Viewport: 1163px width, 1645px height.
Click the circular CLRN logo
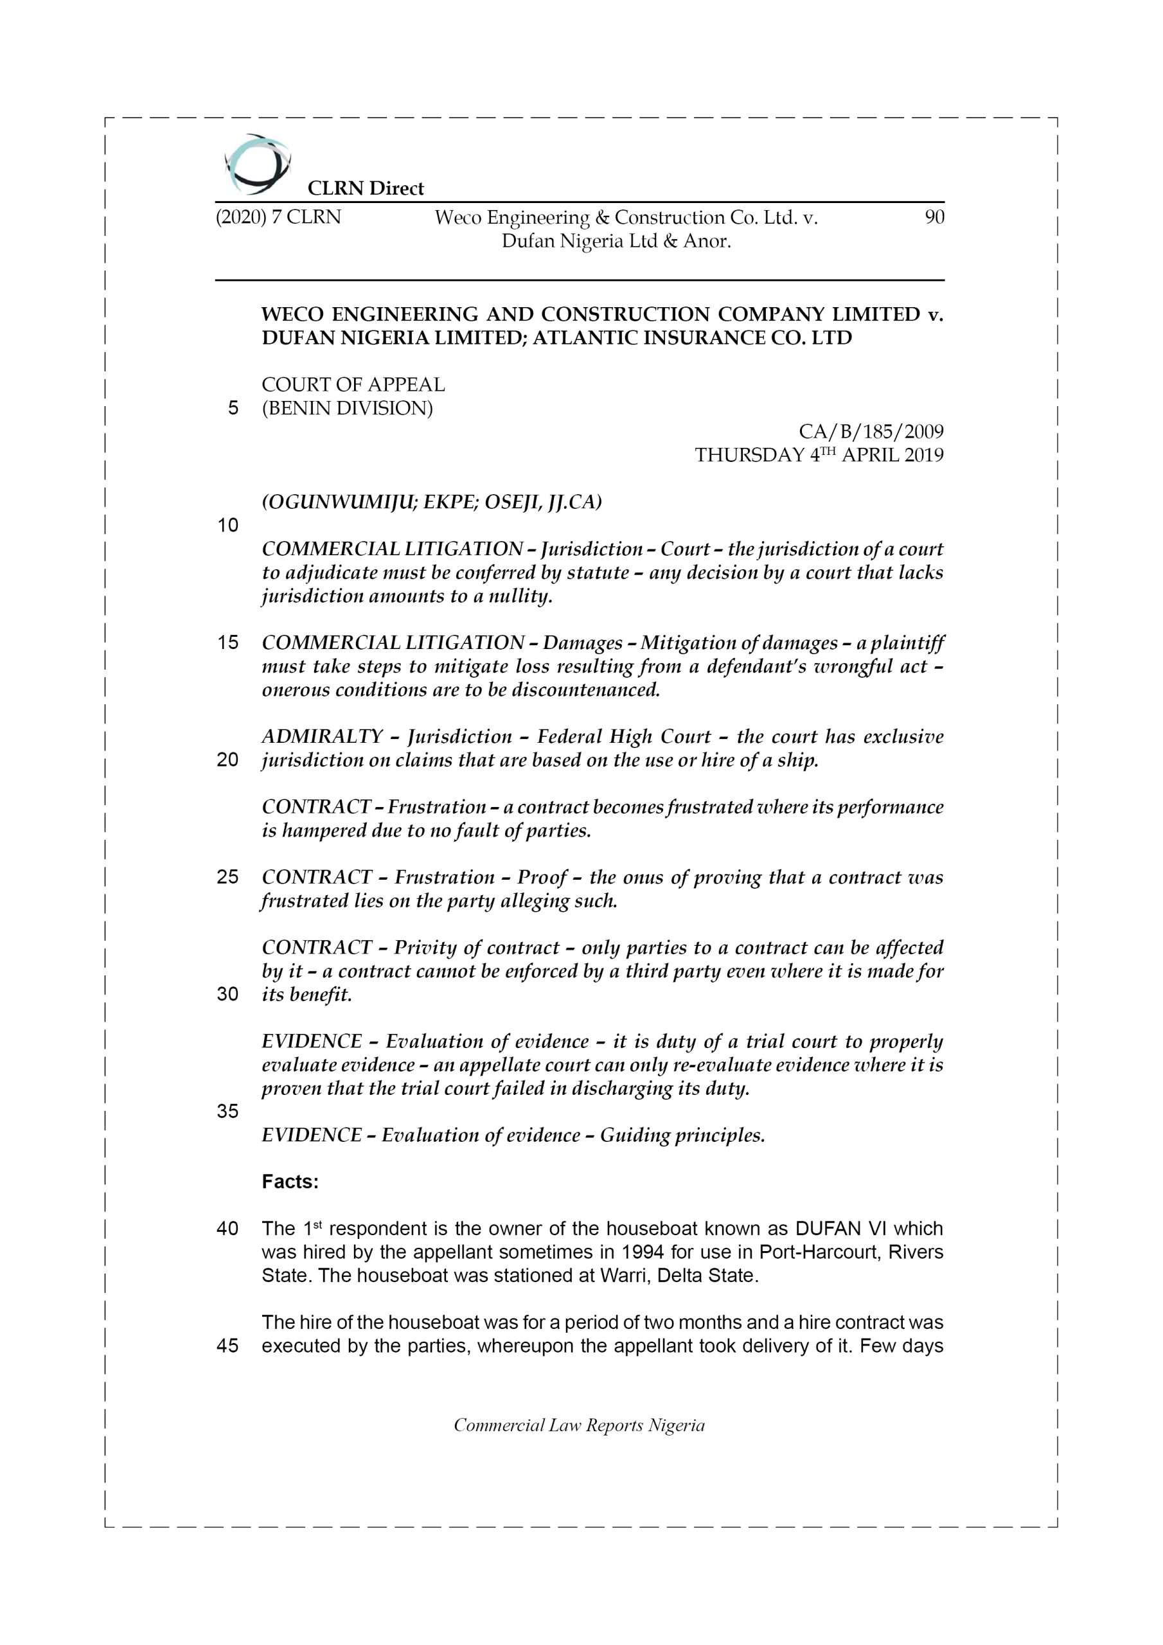coord(257,164)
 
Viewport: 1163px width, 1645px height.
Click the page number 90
coord(934,217)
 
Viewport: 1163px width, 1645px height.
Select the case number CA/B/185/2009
coord(871,431)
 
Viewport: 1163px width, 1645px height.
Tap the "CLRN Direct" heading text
coord(366,188)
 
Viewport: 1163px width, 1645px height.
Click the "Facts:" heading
coord(290,1182)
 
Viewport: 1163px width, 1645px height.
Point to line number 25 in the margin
coord(227,877)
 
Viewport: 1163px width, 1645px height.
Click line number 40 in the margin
coord(227,1229)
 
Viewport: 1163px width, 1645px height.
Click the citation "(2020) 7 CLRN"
coord(278,217)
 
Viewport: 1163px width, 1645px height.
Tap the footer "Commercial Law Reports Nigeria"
coord(579,1425)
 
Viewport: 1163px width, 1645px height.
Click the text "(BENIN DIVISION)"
coord(348,409)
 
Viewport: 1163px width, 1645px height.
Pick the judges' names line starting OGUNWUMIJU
coord(432,501)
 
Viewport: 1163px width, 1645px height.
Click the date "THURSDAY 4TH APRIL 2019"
coord(819,455)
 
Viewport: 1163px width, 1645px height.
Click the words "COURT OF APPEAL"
coord(353,385)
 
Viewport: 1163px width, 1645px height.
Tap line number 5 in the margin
coord(233,409)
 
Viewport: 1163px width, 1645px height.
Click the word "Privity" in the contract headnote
coord(425,947)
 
